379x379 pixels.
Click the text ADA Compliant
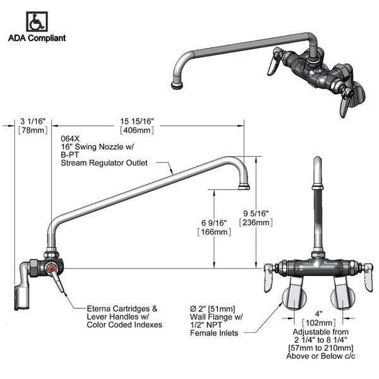tap(37, 38)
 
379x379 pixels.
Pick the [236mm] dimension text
tap(256, 222)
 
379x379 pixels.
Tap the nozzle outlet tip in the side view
tap(244, 187)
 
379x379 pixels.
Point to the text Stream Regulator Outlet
tap(104, 162)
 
